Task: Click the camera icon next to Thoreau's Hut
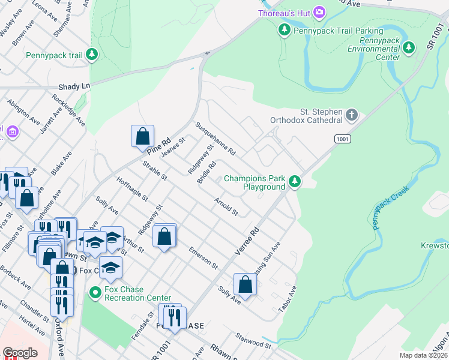(x=319, y=12)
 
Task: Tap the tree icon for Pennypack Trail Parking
(x=284, y=29)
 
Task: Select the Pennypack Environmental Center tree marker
(x=409, y=47)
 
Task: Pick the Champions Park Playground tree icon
(x=294, y=181)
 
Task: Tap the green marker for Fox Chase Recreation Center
(x=94, y=293)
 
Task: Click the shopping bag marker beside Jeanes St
(x=143, y=136)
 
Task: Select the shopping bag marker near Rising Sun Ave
(x=245, y=284)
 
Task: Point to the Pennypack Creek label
(x=390, y=208)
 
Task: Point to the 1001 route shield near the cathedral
(x=343, y=139)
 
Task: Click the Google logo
(x=20, y=353)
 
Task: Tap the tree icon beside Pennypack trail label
(x=92, y=55)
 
